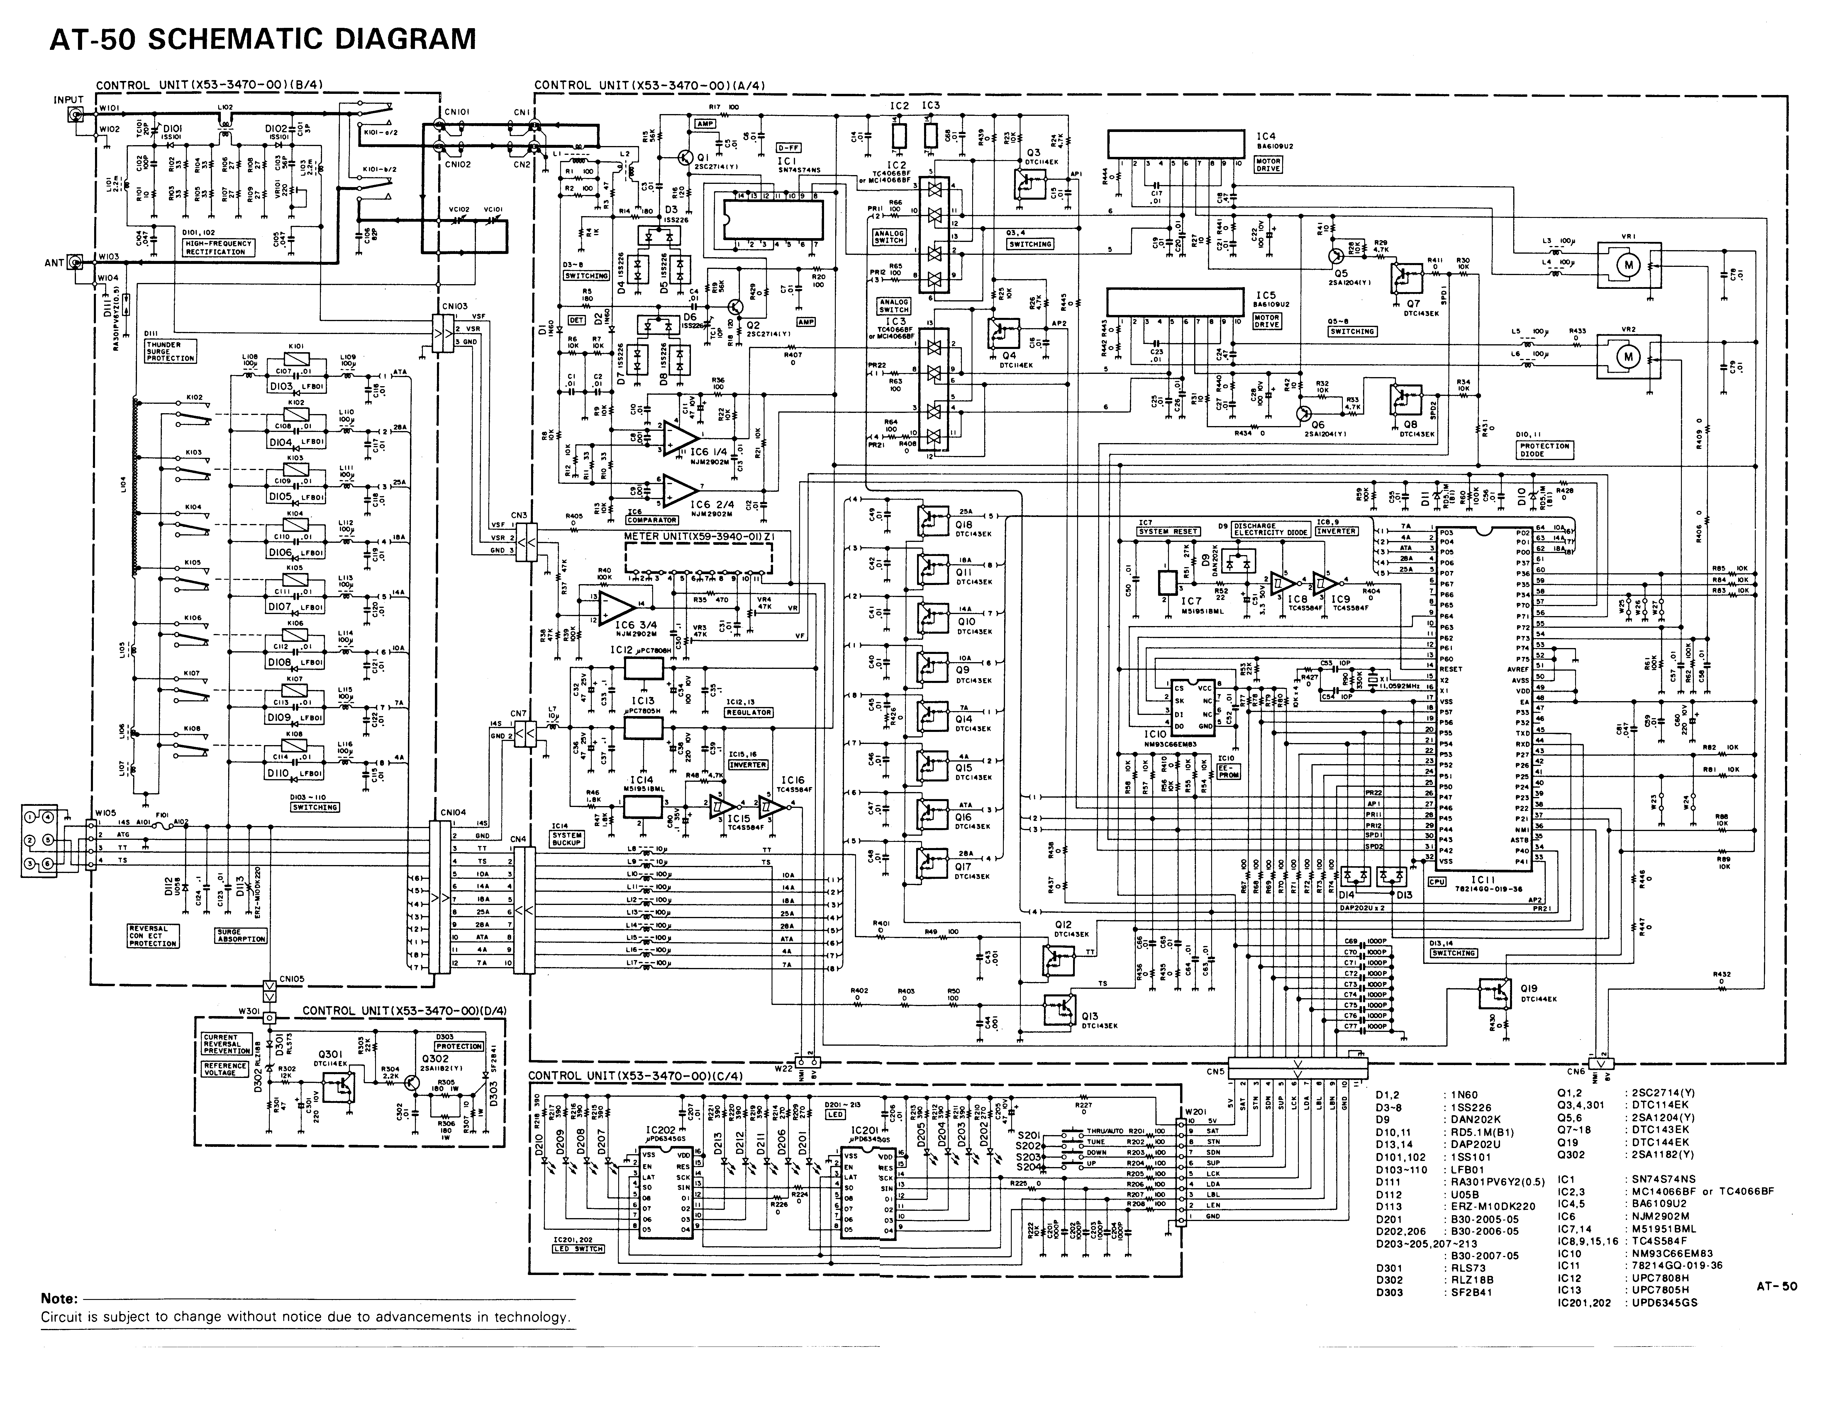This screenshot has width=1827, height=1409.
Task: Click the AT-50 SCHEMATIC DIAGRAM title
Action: coord(262,39)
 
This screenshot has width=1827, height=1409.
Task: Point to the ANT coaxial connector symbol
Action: coord(75,263)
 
